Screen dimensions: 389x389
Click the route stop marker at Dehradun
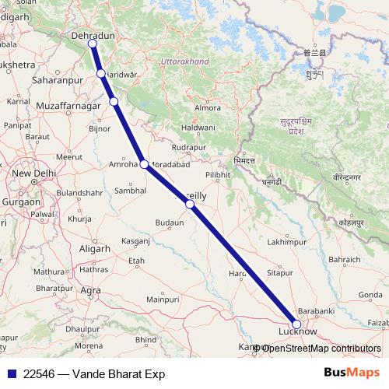[x=93, y=44]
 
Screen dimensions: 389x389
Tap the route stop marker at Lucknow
[x=296, y=324]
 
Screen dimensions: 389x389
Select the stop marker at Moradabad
[x=144, y=163]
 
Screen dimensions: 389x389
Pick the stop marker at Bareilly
[x=190, y=204]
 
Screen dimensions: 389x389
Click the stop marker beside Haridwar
[x=101, y=74]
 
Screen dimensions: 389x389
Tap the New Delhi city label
[x=31, y=173]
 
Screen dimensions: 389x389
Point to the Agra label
[x=91, y=290]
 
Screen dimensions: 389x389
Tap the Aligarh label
[x=95, y=248]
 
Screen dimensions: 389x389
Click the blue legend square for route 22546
[x=9, y=374]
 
